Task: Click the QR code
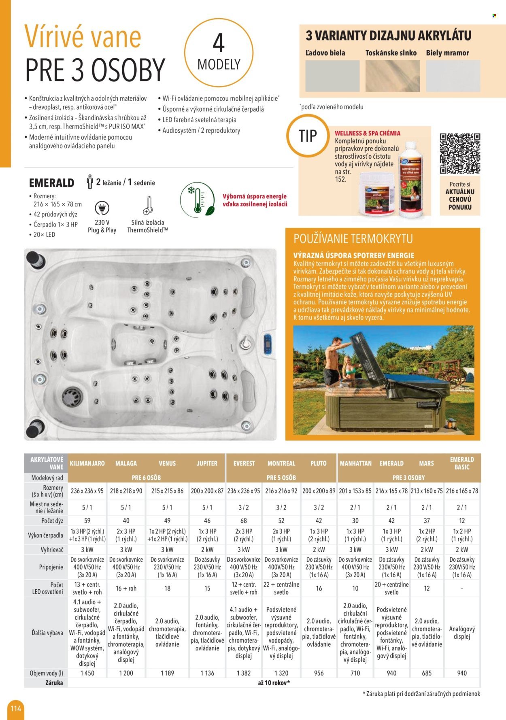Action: pos(460,153)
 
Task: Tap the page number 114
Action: pos(16,708)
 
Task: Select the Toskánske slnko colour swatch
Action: pos(391,76)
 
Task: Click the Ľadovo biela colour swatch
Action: pos(332,76)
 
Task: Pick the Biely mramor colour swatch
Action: pos(453,76)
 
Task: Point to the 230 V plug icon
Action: pos(102,208)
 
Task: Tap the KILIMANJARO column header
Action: pos(87,463)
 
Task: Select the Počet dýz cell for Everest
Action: pos(244,520)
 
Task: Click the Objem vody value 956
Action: pos(319,673)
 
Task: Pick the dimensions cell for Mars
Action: pos(426,491)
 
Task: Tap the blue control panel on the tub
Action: pos(267,344)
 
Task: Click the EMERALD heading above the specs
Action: pos(51,183)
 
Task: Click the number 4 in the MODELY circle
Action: pos(219,44)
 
